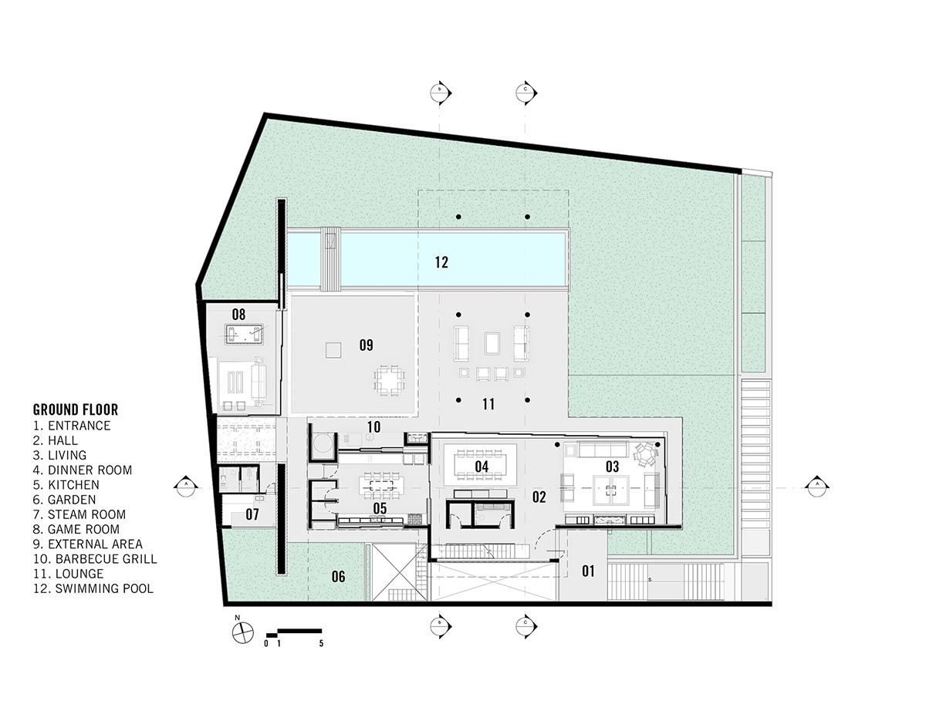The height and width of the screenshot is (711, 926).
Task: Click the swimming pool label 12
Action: click(441, 262)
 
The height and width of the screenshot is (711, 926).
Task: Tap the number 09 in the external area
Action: click(366, 345)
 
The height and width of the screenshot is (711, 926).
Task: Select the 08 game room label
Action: click(238, 315)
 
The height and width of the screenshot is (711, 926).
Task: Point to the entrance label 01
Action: click(588, 571)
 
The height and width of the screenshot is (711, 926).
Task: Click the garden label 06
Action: click(338, 577)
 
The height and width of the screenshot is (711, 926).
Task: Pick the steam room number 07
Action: click(252, 514)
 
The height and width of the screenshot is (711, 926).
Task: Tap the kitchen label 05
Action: click(380, 508)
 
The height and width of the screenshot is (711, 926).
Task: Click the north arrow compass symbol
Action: click(243, 632)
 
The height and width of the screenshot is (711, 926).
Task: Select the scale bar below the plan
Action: click(293, 632)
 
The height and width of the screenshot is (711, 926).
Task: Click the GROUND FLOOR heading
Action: click(76, 409)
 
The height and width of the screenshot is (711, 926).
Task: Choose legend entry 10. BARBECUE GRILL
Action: click(95, 558)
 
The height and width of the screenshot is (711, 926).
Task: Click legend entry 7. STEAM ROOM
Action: click(79, 514)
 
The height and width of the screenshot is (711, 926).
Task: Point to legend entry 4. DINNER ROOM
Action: click(83, 470)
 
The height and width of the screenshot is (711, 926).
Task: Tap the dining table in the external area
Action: click(389, 379)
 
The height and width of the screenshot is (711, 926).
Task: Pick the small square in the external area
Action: click(333, 350)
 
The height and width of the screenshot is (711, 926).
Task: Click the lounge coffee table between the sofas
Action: click(492, 343)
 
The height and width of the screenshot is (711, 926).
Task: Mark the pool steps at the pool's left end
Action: click(331, 259)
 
